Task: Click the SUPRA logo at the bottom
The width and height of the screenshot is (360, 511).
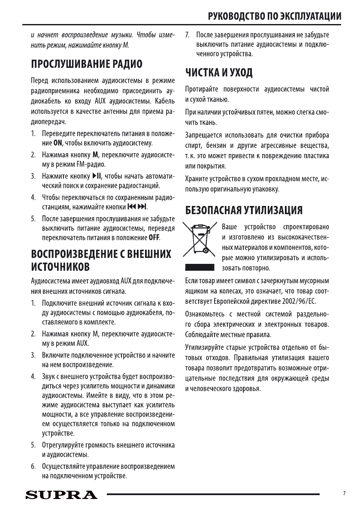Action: tap(61, 495)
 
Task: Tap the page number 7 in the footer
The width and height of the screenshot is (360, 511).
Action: tap(344, 494)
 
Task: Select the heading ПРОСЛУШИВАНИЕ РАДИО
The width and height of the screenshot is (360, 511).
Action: tap(86, 65)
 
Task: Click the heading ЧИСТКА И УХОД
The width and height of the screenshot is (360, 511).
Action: tap(218, 73)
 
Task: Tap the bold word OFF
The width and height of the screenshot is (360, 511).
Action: tap(154, 237)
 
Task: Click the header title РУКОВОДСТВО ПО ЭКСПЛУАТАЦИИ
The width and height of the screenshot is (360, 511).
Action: tap(275, 17)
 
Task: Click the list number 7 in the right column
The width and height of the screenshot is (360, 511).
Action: tap(187, 34)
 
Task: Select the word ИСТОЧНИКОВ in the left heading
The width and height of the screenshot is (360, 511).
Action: tap(60, 268)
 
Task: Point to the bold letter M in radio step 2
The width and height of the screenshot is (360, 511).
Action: tap(96, 154)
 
